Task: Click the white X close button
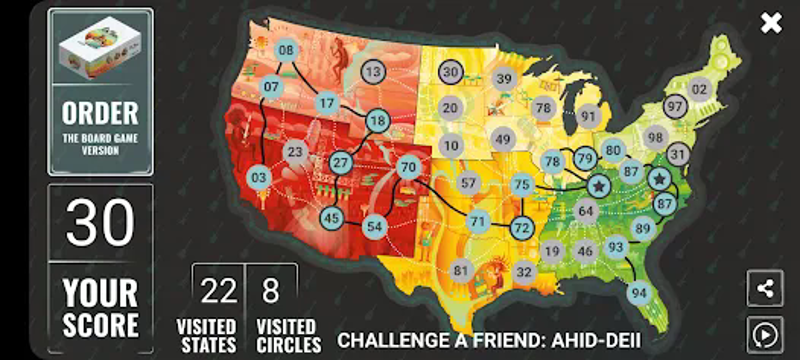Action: tap(771, 23)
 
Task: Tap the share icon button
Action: tap(765, 289)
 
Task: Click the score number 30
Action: tap(100, 223)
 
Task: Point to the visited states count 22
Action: tap(219, 291)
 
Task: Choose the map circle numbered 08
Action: tap(286, 50)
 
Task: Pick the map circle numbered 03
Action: tap(260, 178)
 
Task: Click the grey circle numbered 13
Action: tap(373, 72)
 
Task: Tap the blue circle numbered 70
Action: tap(407, 168)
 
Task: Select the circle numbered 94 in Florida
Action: tap(639, 293)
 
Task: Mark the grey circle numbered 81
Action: tap(461, 271)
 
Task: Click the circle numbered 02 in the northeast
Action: tap(699, 89)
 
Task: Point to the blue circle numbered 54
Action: tap(375, 226)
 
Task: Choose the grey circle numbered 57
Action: tap(469, 183)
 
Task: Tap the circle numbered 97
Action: tap(675, 106)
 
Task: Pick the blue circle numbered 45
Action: tap(332, 218)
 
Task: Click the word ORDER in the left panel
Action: tap(100, 113)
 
